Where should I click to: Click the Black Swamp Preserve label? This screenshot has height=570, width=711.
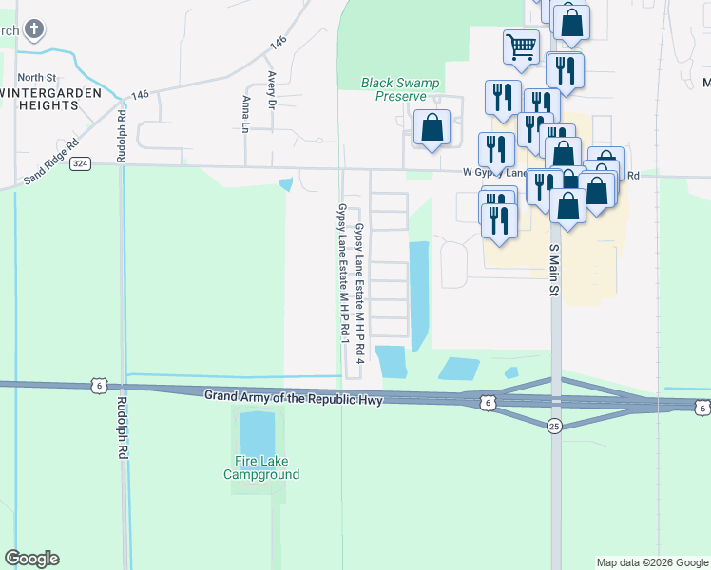pos(400,89)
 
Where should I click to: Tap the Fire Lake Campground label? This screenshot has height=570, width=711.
pos(261,468)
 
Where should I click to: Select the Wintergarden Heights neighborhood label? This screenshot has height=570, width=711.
pos(52,99)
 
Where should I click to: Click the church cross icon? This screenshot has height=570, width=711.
pos(34,31)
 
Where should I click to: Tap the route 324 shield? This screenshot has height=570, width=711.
pos(80,163)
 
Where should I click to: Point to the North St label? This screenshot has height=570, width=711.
pos(37,77)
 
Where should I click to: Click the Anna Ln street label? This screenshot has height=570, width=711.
pos(246,114)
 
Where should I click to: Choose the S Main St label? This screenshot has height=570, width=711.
pos(552,269)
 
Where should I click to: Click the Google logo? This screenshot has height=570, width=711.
pos(31,559)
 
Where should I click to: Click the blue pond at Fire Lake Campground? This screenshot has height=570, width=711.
pos(257,432)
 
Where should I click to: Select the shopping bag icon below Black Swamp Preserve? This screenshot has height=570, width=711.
pos(432,127)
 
